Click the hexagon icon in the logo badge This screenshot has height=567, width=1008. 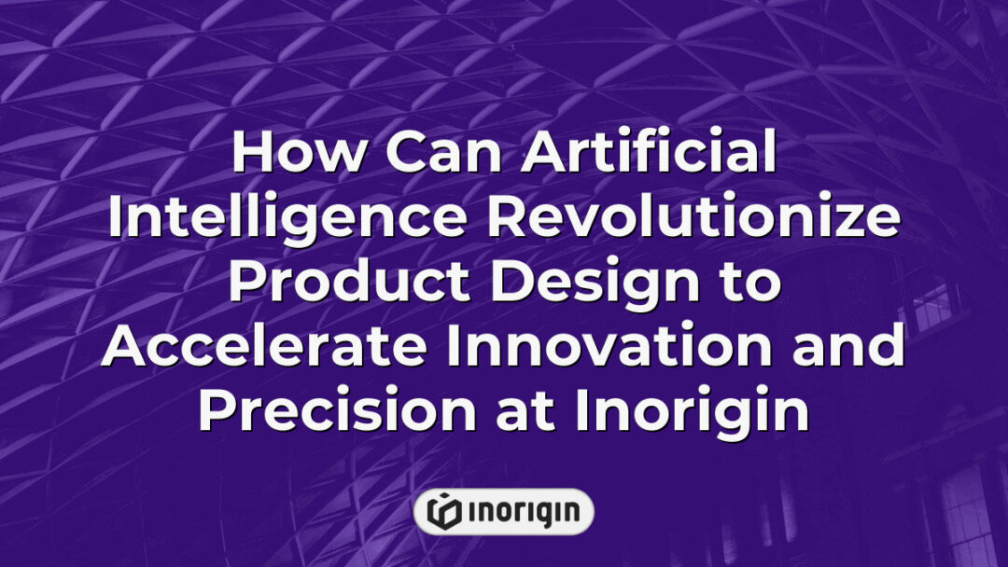tap(444, 511)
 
